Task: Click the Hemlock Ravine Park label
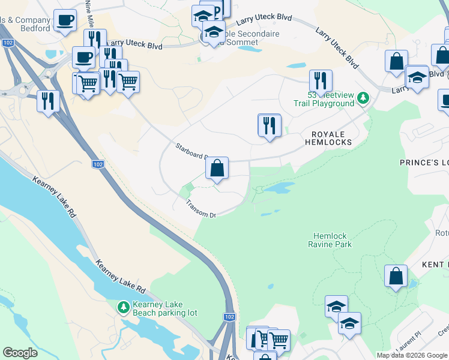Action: coord(330,240)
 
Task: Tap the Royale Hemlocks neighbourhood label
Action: coord(327,138)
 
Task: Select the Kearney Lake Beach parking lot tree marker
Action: coord(123,307)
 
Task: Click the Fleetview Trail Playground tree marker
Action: coord(363,97)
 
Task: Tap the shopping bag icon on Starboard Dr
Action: coord(217,169)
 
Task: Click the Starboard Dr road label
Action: coord(191,151)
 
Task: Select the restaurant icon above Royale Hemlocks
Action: coord(270,125)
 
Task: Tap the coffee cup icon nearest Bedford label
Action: coord(65,20)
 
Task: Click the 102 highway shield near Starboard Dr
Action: coord(97,164)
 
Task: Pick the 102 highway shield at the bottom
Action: coord(229,316)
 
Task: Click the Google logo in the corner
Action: coord(20,353)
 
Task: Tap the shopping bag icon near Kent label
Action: coord(396,276)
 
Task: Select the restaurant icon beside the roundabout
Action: coord(47,101)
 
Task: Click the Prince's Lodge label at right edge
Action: coord(424,163)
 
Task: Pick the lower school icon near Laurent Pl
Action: coord(349,324)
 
